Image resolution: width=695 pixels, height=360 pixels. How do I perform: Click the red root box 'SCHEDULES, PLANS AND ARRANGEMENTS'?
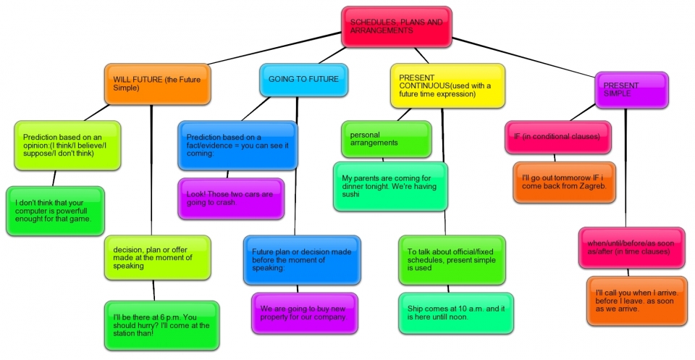pyautogui.click(x=397, y=27)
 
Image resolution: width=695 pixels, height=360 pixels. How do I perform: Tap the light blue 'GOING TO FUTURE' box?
pyautogui.click(x=303, y=80)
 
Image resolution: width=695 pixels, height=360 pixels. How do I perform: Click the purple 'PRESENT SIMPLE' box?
pyautogui.click(x=631, y=90)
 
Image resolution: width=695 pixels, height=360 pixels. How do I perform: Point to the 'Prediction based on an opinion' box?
pyautogui.click(x=67, y=146)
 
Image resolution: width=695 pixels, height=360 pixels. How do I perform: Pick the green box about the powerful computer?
pyautogui.click(x=55, y=211)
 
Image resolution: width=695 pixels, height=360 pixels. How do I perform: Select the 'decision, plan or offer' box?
pyautogui.click(x=157, y=257)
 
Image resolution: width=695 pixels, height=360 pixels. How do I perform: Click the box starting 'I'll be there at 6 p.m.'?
pyautogui.click(x=161, y=325)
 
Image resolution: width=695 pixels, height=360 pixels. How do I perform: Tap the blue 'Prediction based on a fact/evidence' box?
pyautogui.click(x=237, y=146)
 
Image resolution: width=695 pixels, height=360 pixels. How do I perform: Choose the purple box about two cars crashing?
pyautogui.click(x=231, y=198)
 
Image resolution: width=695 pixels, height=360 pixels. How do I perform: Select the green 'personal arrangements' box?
pyautogui.click(x=386, y=139)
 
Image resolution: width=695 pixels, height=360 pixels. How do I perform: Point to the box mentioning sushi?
pyautogui.click(x=390, y=185)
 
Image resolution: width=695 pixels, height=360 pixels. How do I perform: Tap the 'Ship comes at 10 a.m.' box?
pyautogui.click(x=455, y=313)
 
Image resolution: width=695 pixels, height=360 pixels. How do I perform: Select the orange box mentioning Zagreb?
pyautogui.click(x=564, y=182)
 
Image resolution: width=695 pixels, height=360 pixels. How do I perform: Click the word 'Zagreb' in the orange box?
pyautogui.click(x=589, y=185)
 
